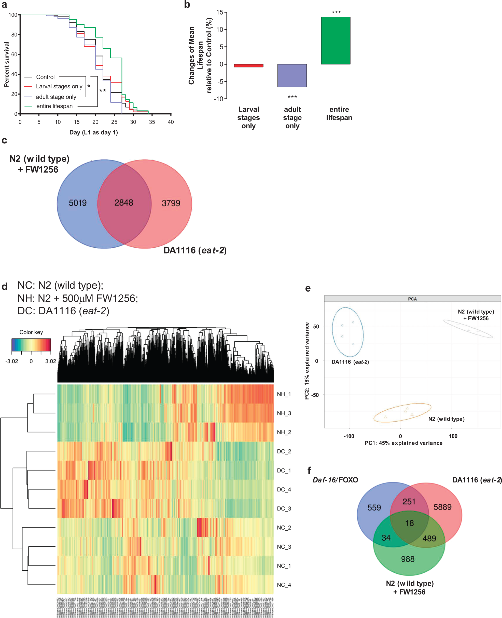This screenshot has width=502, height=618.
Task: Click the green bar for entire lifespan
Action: click(336, 41)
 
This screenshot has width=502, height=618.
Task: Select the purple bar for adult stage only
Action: click(292, 75)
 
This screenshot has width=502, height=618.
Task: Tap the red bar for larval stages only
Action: click(248, 66)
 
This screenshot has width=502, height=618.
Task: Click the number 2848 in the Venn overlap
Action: click(124, 203)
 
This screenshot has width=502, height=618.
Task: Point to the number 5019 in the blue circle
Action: click(77, 203)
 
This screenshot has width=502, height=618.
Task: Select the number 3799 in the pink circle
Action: click(171, 203)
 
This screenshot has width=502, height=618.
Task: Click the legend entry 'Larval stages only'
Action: click(59, 87)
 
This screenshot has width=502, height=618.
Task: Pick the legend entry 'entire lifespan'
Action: click(54, 106)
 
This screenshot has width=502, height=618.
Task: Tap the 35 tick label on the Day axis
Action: click(152, 122)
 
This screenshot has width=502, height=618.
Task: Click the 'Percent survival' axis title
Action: click(7, 64)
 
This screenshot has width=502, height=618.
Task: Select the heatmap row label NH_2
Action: click(284, 432)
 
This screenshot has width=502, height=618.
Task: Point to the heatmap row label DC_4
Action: click(284, 490)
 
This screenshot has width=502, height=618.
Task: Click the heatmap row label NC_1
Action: click(284, 566)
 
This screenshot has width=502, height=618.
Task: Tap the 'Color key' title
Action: click(31, 332)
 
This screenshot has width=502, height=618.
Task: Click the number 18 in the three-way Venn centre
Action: click(409, 523)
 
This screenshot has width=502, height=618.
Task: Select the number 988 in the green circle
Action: click(408, 559)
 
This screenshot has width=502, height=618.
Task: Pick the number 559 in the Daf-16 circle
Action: click(374, 507)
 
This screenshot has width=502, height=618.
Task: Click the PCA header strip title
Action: click(412, 299)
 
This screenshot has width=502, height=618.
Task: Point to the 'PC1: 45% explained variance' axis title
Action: click(403, 443)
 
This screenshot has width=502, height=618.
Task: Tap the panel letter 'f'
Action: click(309, 470)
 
